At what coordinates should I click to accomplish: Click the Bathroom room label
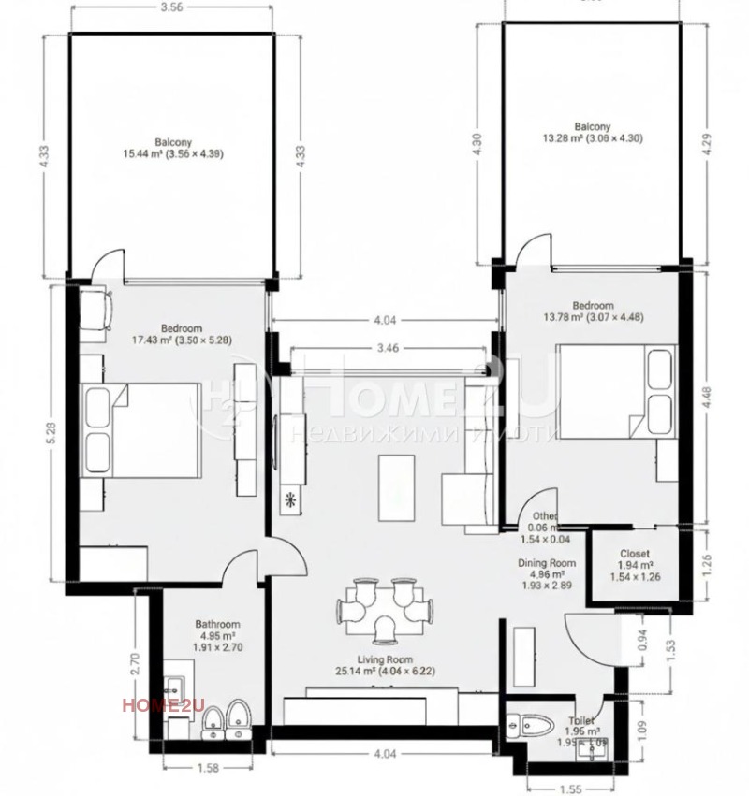(217, 624)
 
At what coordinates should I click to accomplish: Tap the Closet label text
(634, 554)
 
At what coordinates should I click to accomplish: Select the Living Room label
(374, 659)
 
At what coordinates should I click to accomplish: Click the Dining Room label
(547, 563)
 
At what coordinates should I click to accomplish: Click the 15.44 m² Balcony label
(173, 141)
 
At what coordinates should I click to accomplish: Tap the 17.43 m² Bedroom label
(182, 328)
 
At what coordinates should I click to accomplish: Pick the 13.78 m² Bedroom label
(593, 306)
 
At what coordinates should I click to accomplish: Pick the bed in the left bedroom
(142, 430)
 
